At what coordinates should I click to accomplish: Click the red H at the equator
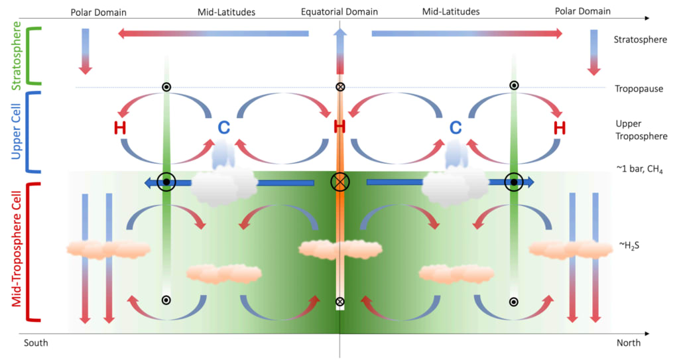pos(339,127)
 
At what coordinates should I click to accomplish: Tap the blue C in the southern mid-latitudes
pos(223,127)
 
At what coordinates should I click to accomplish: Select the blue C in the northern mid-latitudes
pos(456,127)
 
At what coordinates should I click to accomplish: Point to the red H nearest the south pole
pos(120,128)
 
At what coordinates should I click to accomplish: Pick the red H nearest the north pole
pos(560,128)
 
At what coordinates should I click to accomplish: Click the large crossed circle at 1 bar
pos(340,182)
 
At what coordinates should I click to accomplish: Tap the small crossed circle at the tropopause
pos(340,87)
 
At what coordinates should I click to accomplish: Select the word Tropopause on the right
pos(639,89)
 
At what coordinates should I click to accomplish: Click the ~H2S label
pos(629,245)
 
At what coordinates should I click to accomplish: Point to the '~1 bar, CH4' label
pos(639,169)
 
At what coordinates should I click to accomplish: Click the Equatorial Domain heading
pos(339,12)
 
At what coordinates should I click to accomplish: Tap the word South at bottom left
pos(36,343)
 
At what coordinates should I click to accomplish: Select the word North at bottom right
pos(629,343)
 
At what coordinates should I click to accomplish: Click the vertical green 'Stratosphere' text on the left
pos(17,56)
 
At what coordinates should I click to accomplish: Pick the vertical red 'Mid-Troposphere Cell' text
pos(17,249)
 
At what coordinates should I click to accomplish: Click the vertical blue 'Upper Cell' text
pos(16,131)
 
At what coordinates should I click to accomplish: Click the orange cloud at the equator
pos(340,249)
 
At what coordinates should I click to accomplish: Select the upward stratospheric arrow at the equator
pos(340,52)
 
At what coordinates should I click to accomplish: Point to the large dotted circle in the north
pos(514,182)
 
